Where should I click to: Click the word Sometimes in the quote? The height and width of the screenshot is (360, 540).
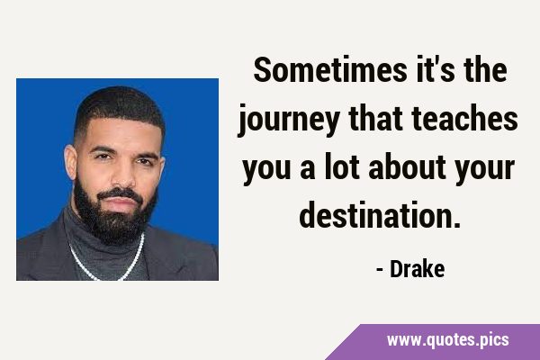[x=330, y=69]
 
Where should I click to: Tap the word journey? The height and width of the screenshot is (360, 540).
[x=289, y=121]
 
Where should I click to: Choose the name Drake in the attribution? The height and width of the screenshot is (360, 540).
[x=417, y=269]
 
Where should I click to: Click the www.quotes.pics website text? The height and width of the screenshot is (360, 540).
[x=448, y=340]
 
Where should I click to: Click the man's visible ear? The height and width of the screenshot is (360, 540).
[x=70, y=163]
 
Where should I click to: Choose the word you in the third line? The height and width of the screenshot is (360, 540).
[x=267, y=169]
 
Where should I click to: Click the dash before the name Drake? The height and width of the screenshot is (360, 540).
[x=380, y=270]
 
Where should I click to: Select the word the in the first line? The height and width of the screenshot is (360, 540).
[x=485, y=69]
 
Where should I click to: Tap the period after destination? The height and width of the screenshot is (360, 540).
[x=457, y=225]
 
